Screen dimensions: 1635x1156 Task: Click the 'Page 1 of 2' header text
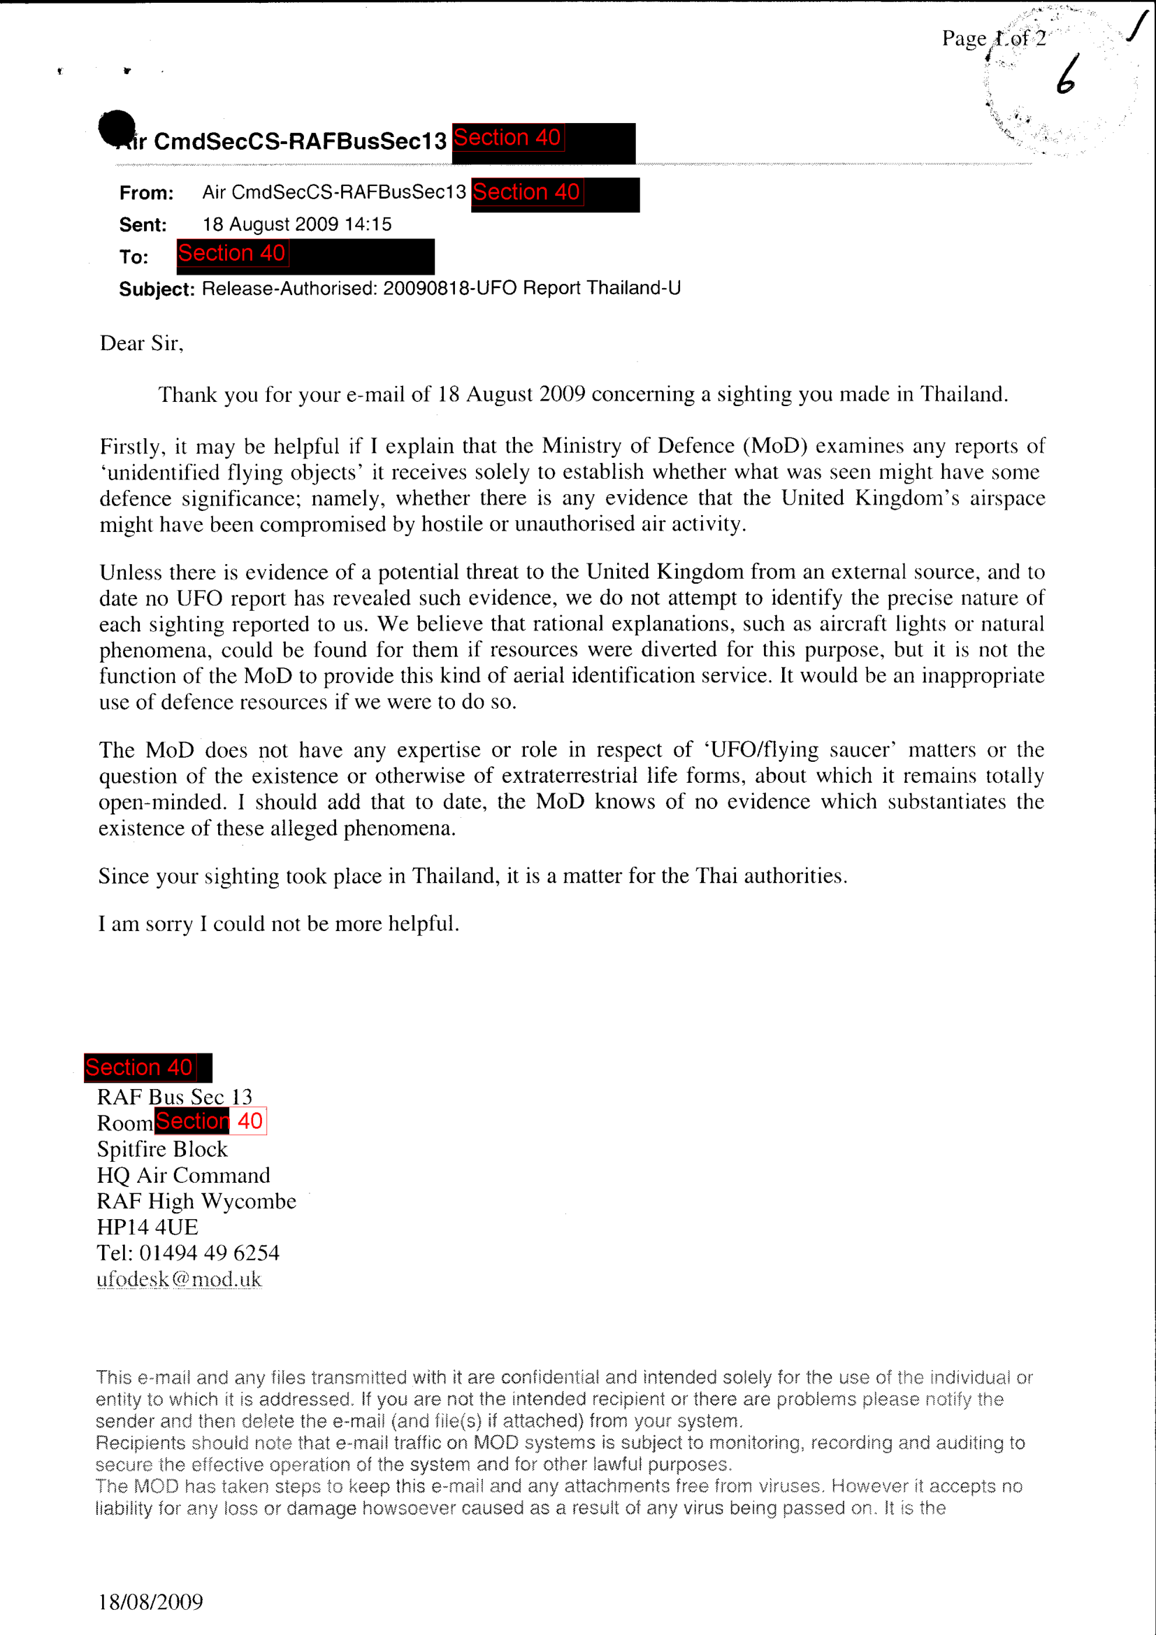pyautogui.click(x=994, y=38)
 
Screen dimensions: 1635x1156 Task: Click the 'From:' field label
pyautogui.click(x=147, y=193)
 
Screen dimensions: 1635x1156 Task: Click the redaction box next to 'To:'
pyautogui.click(x=305, y=257)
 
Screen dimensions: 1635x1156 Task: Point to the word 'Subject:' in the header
pyautogui.click(x=157, y=289)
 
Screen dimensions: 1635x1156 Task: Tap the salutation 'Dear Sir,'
pyautogui.click(x=142, y=343)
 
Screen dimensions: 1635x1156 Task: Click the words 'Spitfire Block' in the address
pyautogui.click(x=162, y=1148)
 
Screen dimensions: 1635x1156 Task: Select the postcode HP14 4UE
pyautogui.click(x=147, y=1227)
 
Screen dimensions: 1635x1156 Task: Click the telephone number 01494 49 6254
pyautogui.click(x=209, y=1253)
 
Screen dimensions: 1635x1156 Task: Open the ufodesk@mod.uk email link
pyautogui.click(x=180, y=1279)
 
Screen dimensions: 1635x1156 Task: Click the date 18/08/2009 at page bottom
pyautogui.click(x=151, y=1601)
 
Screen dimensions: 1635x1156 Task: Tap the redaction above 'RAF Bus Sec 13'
pyautogui.click(x=148, y=1067)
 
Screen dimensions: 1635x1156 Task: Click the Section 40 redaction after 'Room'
pyautogui.click(x=210, y=1121)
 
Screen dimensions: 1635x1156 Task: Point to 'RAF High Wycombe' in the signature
pyautogui.click(x=196, y=1202)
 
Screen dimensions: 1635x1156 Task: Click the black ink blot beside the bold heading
pyautogui.click(x=117, y=127)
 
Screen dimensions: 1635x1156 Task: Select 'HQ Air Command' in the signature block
pyautogui.click(x=184, y=1175)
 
